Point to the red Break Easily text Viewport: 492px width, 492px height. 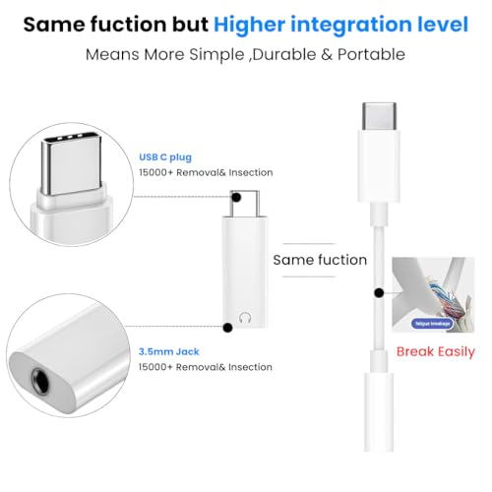pyautogui.click(x=435, y=351)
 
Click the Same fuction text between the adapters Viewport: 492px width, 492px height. pyautogui.click(x=319, y=261)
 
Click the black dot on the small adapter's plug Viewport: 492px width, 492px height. pyautogui.click(x=236, y=196)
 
